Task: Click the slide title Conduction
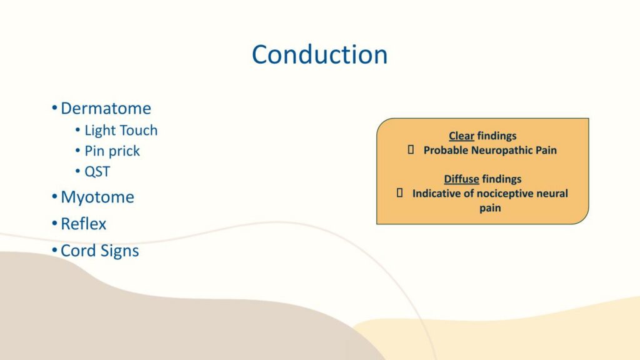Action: click(x=319, y=55)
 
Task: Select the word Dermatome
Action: click(x=106, y=109)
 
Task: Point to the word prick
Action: click(x=124, y=151)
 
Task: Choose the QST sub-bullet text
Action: click(x=97, y=171)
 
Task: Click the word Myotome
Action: click(x=97, y=197)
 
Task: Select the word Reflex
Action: click(x=83, y=224)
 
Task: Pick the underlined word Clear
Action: click(x=462, y=136)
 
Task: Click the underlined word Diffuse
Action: click(x=462, y=179)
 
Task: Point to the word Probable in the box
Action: click(x=446, y=150)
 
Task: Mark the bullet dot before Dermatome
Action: click(x=55, y=108)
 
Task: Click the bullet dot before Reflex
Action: click(x=55, y=223)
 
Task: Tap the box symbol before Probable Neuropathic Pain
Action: click(x=411, y=150)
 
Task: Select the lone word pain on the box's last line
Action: click(x=490, y=209)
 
